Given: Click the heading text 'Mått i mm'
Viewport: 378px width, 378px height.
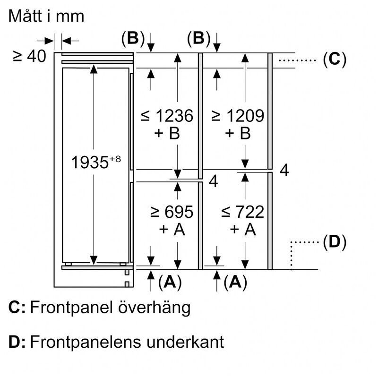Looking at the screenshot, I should point(46,16).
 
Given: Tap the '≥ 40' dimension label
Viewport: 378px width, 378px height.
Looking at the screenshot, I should point(30,57).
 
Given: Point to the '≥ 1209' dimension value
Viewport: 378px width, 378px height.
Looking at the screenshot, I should point(237,116).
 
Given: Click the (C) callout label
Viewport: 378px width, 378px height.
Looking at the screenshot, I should point(335,60).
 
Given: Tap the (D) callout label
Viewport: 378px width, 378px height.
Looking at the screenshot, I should point(335,243).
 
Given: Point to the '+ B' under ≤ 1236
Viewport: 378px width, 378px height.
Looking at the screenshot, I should point(167,134).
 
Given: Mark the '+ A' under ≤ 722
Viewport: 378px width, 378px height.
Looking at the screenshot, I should point(242,230).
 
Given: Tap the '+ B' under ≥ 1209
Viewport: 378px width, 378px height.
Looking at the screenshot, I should point(237,134).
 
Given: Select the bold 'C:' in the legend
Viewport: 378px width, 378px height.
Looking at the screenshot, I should point(17,308).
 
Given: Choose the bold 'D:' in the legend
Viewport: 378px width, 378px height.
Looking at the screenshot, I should point(17,342).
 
